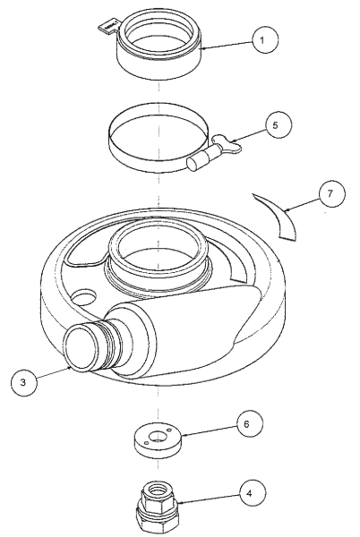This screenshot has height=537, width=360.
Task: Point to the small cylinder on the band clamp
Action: point(200,164)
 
